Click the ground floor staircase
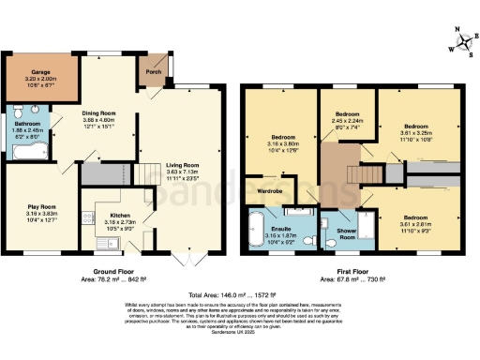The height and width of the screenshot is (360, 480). [x=142, y=174]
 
